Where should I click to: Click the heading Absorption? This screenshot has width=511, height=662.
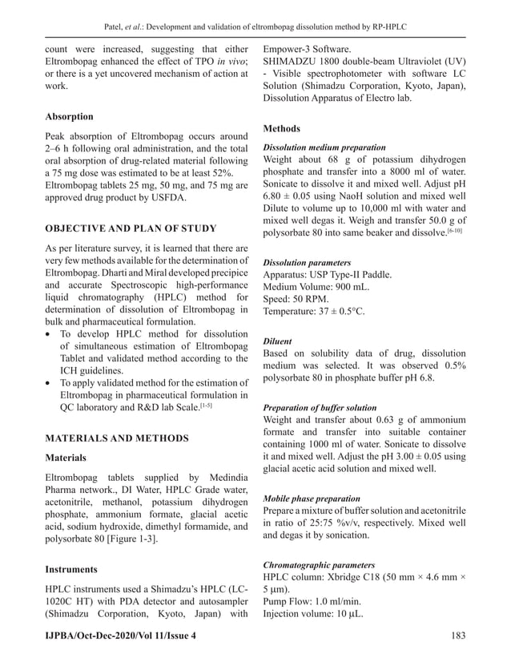[x=69, y=116]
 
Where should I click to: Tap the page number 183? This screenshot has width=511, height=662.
[x=456, y=635]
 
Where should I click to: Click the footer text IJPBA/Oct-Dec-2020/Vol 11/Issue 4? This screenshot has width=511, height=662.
[x=120, y=635]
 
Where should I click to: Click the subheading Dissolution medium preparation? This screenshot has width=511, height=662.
[x=324, y=148]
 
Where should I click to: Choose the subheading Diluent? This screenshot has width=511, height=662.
[x=279, y=341]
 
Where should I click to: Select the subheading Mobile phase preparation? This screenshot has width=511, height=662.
[x=312, y=498]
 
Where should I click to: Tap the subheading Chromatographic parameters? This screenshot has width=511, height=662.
[x=319, y=565]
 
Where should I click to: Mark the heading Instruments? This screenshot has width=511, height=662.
[x=71, y=569]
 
